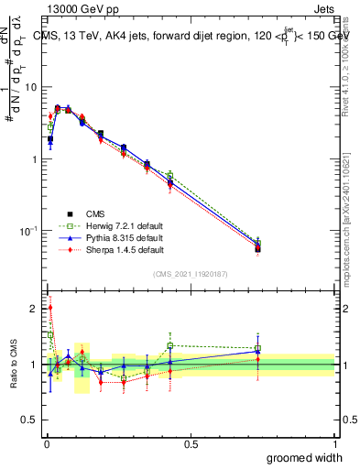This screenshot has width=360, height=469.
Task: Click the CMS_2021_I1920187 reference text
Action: [x=190, y=274]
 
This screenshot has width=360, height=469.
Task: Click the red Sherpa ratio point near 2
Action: [x=49, y=309]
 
